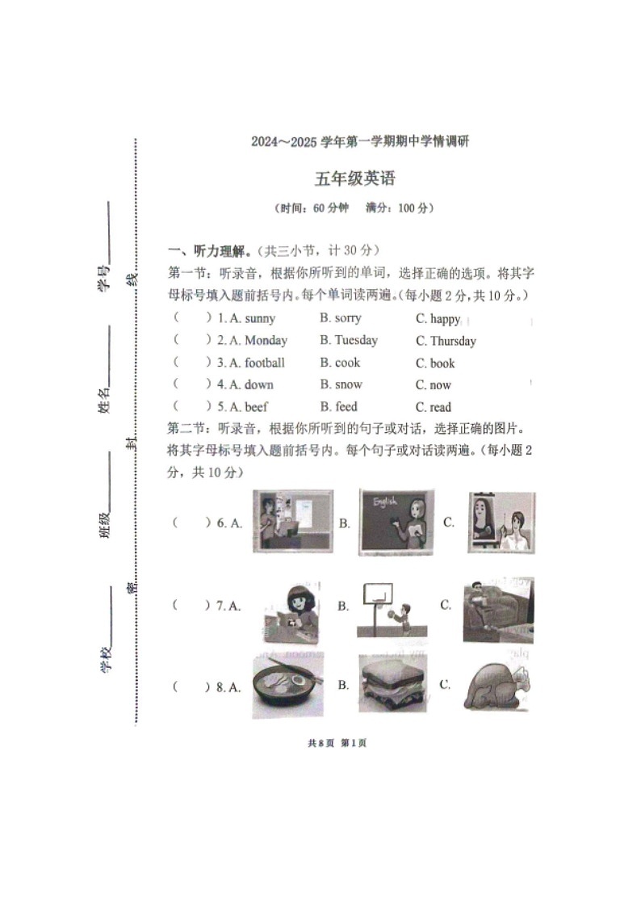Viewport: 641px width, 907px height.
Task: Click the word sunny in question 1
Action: click(260, 318)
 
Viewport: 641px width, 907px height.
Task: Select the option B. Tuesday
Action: click(348, 340)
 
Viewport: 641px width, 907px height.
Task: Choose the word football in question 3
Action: click(265, 363)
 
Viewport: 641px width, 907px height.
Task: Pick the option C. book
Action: click(435, 363)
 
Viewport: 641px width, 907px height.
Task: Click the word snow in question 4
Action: click(349, 384)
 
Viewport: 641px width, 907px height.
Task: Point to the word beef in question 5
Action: click(256, 407)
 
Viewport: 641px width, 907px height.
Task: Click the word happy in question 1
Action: click(445, 319)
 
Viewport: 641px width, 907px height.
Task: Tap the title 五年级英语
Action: click(354, 178)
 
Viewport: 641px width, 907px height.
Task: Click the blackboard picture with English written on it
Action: click(396, 523)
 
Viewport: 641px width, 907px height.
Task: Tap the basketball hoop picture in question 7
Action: click(392, 610)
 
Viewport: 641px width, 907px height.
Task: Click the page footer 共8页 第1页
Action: click(337, 743)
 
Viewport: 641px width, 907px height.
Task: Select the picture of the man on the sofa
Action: click(498, 610)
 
